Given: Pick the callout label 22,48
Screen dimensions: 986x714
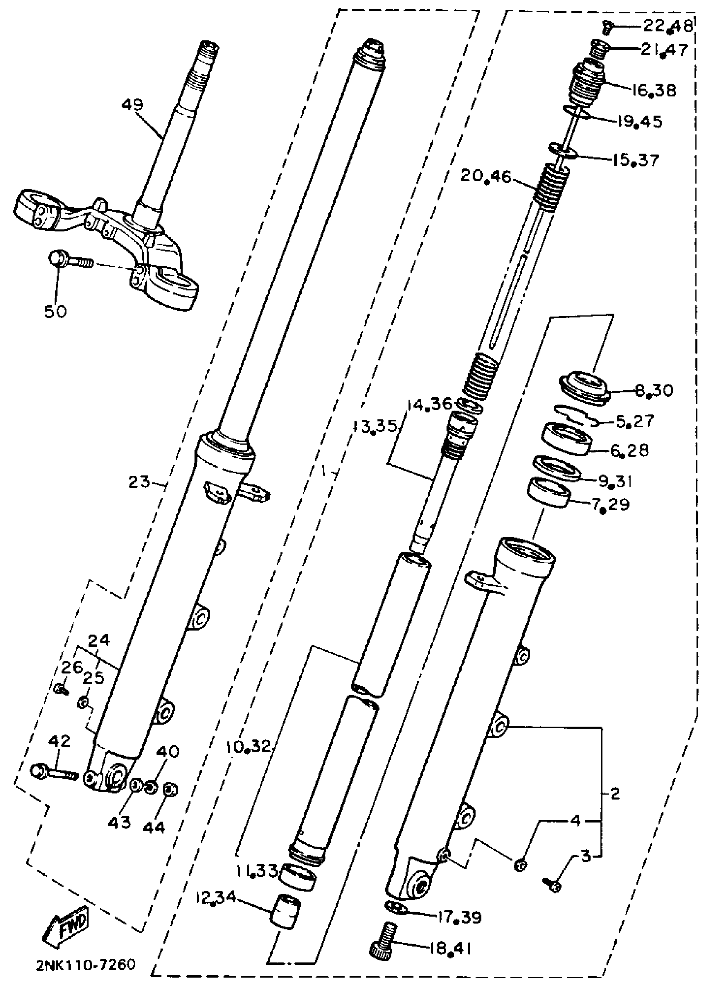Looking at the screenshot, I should tap(668, 26).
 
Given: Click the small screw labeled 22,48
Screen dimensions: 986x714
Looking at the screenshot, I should tap(610, 28).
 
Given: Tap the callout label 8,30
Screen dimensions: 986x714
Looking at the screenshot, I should tap(654, 390).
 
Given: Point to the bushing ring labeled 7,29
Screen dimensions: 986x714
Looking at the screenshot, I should tap(549, 491).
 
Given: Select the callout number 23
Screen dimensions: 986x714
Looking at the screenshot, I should tap(139, 481).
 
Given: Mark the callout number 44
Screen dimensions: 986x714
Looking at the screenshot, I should tap(153, 827).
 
